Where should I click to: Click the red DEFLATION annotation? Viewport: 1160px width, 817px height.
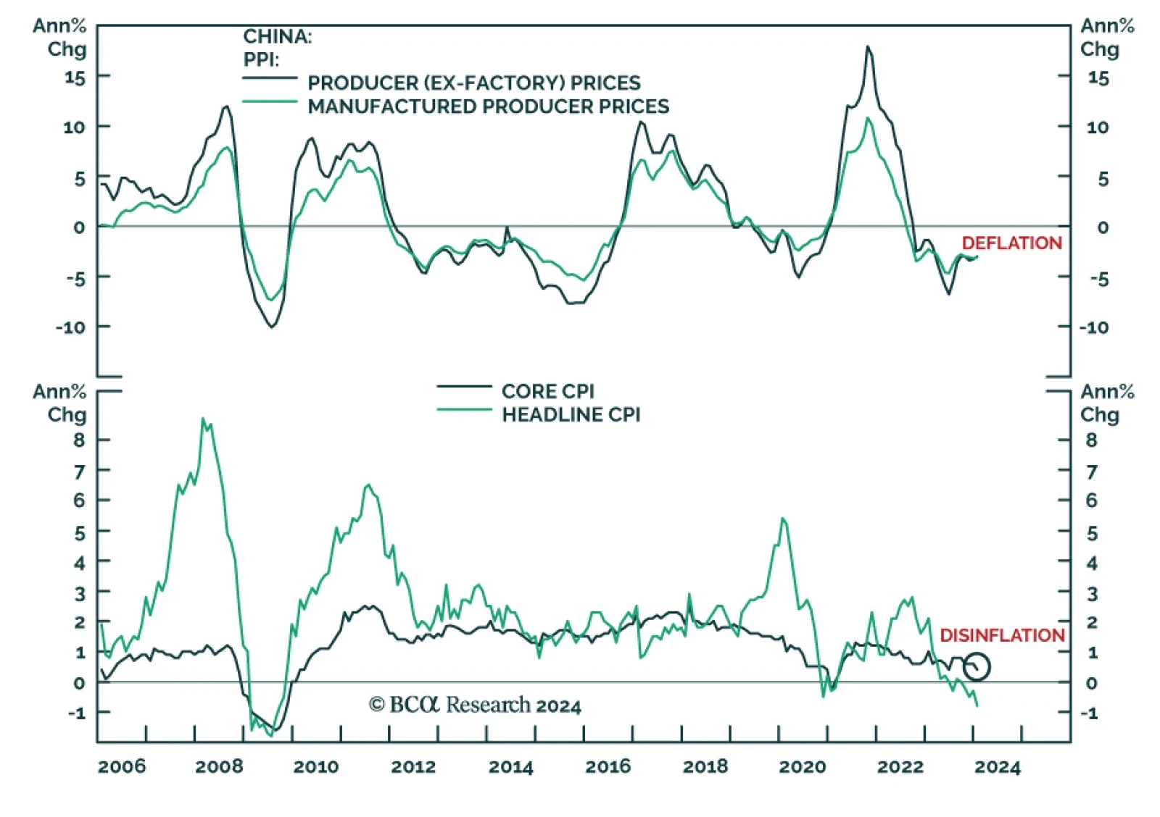[x=1011, y=243]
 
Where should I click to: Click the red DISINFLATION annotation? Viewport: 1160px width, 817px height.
[x=1002, y=636]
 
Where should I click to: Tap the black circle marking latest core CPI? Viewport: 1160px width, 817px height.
[x=977, y=666]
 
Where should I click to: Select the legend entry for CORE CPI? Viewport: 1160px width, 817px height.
[x=547, y=391]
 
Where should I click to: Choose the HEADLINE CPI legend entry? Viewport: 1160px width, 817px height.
[x=571, y=415]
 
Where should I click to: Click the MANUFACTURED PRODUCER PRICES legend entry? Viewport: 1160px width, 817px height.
[x=488, y=106]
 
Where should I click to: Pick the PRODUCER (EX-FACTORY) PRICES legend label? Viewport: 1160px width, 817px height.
[x=474, y=83]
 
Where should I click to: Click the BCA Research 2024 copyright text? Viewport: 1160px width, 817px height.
[x=475, y=705]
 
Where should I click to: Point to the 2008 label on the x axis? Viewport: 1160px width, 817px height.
[x=219, y=766]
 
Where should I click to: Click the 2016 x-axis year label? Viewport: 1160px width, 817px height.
[x=608, y=766]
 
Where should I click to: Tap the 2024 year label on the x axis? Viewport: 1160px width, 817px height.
[x=997, y=766]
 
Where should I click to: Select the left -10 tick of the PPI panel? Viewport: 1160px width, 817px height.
[x=70, y=327]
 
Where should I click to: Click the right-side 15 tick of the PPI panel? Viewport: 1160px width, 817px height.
[x=1098, y=78]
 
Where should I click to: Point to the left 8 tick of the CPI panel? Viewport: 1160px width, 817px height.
[x=79, y=440]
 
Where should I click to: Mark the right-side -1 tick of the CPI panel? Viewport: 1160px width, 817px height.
[x=1090, y=713]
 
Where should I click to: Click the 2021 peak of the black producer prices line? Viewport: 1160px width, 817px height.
[x=868, y=47]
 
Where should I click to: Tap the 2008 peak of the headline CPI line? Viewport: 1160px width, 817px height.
[x=203, y=419]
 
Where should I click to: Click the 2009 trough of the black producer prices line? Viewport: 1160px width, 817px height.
[x=272, y=327]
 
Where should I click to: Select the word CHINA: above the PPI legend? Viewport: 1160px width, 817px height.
[x=277, y=36]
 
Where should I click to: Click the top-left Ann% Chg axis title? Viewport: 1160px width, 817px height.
[x=59, y=38]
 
